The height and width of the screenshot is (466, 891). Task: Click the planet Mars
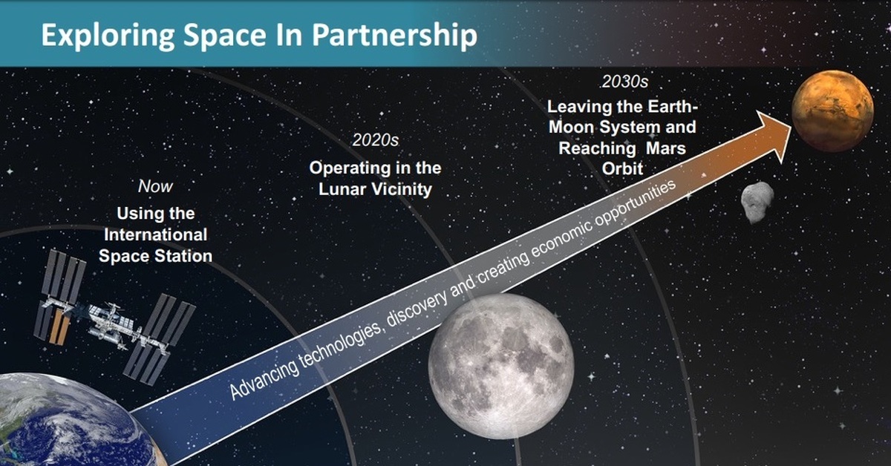pyautogui.click(x=832, y=111)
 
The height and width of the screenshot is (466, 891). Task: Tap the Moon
pyautogui.click(x=501, y=367)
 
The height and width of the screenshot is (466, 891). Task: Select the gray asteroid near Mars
pyautogui.click(x=757, y=202)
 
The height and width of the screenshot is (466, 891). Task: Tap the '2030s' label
pyautogui.click(x=625, y=82)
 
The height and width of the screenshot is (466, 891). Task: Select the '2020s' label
pyautogui.click(x=376, y=140)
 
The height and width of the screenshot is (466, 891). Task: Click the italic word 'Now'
pyautogui.click(x=155, y=186)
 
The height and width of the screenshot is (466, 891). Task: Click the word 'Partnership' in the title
pyautogui.click(x=394, y=36)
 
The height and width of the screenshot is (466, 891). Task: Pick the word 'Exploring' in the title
pyautogui.click(x=108, y=36)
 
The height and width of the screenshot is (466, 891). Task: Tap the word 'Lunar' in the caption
pyautogui.click(x=342, y=189)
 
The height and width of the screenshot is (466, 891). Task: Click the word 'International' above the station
pyautogui.click(x=155, y=234)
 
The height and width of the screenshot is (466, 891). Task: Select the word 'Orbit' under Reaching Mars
pyautogui.click(x=622, y=168)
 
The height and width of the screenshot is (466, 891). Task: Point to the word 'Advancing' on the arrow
pyautogui.click(x=265, y=375)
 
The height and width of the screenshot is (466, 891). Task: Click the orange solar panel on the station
pyautogui.click(x=59, y=326)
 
